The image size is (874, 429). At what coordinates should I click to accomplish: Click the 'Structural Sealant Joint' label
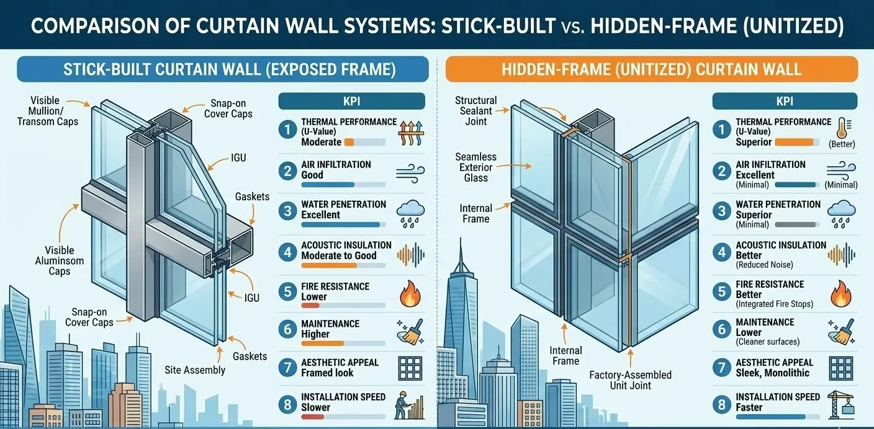coord(476,111)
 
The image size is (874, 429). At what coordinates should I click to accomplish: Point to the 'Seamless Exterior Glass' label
coord(476,167)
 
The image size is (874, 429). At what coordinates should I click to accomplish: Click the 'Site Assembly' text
coord(195,370)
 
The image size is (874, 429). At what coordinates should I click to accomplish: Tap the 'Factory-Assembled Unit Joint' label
coord(630,380)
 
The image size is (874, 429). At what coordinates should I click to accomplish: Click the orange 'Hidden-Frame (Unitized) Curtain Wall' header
coord(651,69)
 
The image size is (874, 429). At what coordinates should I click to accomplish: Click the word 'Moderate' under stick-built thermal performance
coord(321,142)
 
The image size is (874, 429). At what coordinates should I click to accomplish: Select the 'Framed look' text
coord(327,373)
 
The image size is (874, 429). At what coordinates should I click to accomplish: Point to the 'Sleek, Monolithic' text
coord(772,373)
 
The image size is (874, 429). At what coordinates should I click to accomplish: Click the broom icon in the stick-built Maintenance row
coord(409,334)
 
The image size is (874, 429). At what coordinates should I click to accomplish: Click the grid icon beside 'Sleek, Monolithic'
coord(841,368)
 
